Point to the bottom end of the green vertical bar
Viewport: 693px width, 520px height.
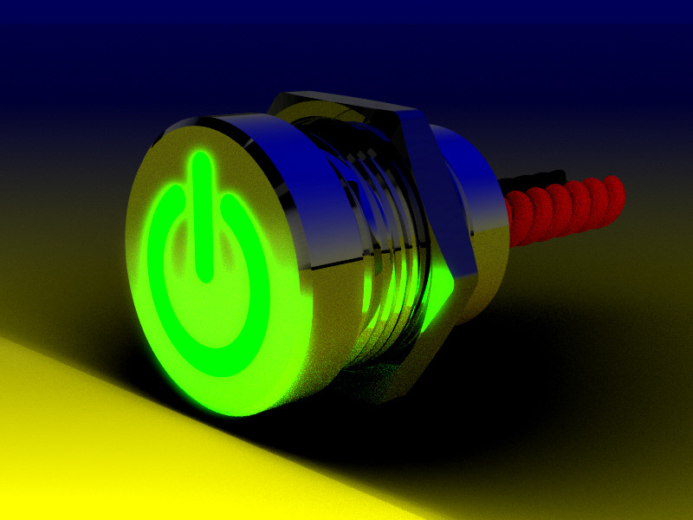tap(205, 275)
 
